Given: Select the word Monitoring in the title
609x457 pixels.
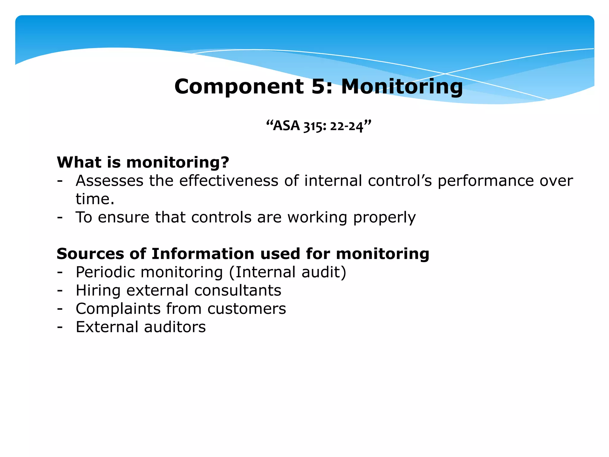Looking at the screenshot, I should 402,87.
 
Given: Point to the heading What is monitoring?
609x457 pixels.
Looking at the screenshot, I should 143,162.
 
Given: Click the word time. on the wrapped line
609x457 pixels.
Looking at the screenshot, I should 95,199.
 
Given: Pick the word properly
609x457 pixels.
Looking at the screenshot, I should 384,218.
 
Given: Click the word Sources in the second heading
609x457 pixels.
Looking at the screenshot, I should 89,254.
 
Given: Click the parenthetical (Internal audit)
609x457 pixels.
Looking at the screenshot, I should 288,272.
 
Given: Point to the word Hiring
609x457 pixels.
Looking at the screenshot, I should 98,291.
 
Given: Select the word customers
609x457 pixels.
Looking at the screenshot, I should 247,309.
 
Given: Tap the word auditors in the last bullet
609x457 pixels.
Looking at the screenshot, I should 175,327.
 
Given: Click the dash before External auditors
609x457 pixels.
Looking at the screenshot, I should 60,327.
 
